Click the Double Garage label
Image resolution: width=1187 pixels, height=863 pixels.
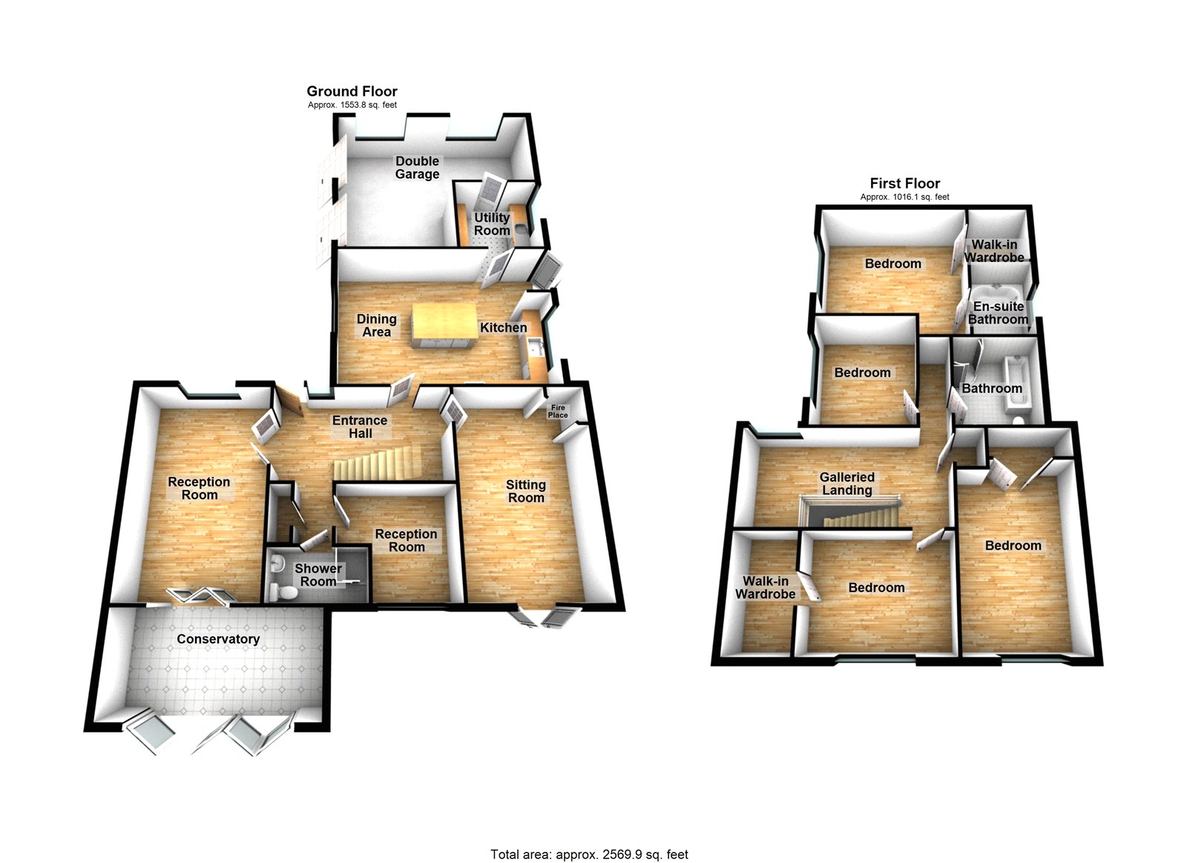click(x=417, y=168)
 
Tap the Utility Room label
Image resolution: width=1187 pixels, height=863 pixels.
click(x=492, y=223)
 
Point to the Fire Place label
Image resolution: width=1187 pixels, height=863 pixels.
click(x=558, y=411)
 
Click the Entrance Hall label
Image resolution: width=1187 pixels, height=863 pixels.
click(x=360, y=427)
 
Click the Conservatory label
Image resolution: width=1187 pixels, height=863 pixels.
click(x=218, y=639)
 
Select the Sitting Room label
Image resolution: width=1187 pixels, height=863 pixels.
click(x=526, y=491)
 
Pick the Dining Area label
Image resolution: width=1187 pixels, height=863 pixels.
click(x=377, y=326)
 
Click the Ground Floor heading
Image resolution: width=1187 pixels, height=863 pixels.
click(x=352, y=91)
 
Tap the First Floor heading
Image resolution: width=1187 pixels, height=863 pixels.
click(x=905, y=183)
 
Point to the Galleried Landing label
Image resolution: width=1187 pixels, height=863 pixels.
click(x=846, y=484)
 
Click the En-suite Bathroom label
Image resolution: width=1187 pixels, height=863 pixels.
click(x=999, y=312)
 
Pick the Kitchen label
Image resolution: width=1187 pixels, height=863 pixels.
click(x=504, y=327)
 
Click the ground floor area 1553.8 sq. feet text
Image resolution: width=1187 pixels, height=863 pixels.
click(x=352, y=105)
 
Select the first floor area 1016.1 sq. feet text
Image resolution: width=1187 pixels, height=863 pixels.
click(x=905, y=197)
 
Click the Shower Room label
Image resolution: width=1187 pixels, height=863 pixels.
click(x=318, y=574)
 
